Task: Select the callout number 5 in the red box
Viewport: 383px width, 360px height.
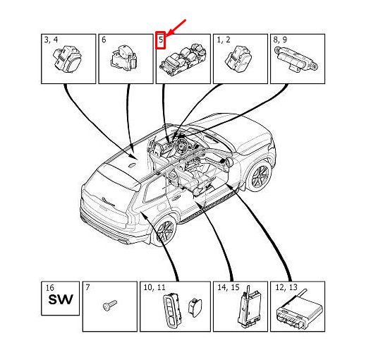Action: pyautogui.click(x=161, y=41)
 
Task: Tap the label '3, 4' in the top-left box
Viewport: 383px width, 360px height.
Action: pyautogui.click(x=51, y=40)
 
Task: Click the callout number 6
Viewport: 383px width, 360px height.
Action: pyautogui.click(x=104, y=40)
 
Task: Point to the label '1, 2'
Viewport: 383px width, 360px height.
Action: pyautogui.click(x=223, y=40)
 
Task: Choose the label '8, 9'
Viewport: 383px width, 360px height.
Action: pyautogui.click(x=279, y=40)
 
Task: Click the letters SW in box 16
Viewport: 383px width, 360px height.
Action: pyautogui.click(x=60, y=302)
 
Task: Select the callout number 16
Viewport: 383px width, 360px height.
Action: pyautogui.click(x=49, y=288)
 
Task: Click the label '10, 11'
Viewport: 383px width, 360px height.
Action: pyautogui.click(x=154, y=288)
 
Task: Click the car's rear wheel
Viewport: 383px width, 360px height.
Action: pyautogui.click(x=164, y=232)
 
